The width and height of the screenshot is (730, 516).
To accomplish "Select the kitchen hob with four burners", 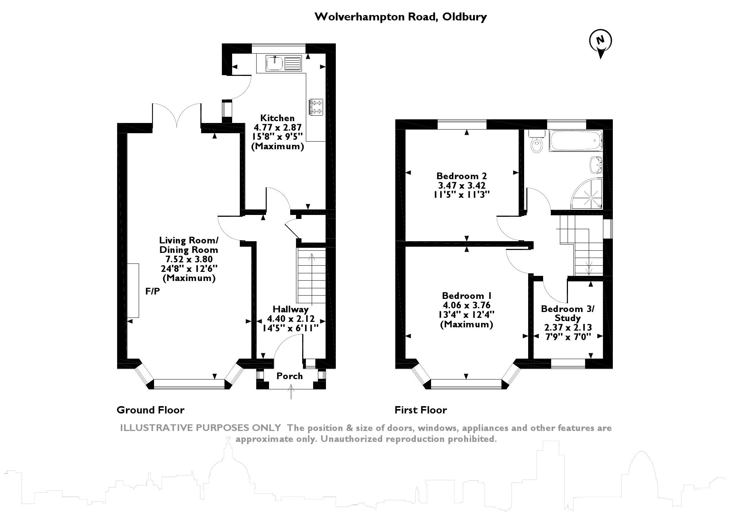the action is click(x=316, y=107).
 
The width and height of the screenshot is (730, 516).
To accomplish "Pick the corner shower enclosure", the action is click(x=588, y=195).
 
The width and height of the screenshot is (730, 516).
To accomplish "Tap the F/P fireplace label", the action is click(x=153, y=291).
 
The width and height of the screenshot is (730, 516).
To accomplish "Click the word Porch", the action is click(x=289, y=376).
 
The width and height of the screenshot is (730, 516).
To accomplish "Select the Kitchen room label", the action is click(x=277, y=118).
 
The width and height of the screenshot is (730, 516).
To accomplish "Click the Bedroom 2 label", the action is click(x=461, y=176).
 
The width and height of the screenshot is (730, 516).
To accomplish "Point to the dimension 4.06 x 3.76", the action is click(x=466, y=305).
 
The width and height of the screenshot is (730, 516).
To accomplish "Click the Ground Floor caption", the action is click(x=150, y=410).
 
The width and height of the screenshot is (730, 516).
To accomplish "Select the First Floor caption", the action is click(x=420, y=410).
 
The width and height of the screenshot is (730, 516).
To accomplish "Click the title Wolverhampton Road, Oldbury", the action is click(x=400, y=17).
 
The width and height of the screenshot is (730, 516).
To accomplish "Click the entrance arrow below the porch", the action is click(x=291, y=393).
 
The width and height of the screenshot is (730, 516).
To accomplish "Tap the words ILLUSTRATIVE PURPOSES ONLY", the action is click(x=200, y=428).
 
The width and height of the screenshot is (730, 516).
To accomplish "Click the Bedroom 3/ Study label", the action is click(x=568, y=313).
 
